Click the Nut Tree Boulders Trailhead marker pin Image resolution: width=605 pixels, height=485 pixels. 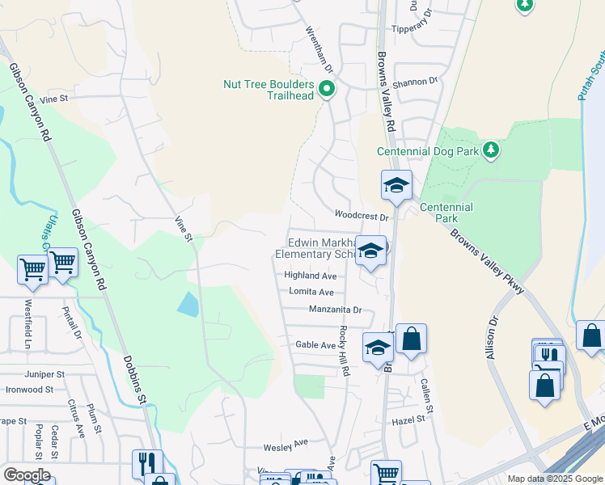pyautogui.click(x=327, y=89)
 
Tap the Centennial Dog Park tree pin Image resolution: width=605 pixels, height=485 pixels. pyautogui.click(x=489, y=150)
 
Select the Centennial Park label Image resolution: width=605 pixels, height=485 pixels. pyautogui.click(x=447, y=213)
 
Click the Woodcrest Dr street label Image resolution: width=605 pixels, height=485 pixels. pyautogui.click(x=362, y=216)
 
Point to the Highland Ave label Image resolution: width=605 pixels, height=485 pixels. pyautogui.click(x=310, y=276)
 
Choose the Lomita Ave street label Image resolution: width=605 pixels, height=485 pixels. pyautogui.click(x=309, y=292)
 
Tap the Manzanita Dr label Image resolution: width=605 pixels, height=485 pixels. pyautogui.click(x=335, y=310)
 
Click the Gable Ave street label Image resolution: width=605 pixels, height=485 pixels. pyautogui.click(x=315, y=344)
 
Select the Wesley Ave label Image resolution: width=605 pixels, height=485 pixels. pyautogui.click(x=286, y=444)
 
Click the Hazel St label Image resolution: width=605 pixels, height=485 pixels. pyautogui.click(x=408, y=420)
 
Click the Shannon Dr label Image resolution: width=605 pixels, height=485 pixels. pyautogui.click(x=415, y=81)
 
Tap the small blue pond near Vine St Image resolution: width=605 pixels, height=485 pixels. pyautogui.click(x=187, y=304)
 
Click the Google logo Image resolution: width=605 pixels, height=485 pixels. pyautogui.click(x=27, y=475)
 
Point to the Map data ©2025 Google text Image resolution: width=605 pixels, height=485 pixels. pyautogui.click(x=554, y=479)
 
